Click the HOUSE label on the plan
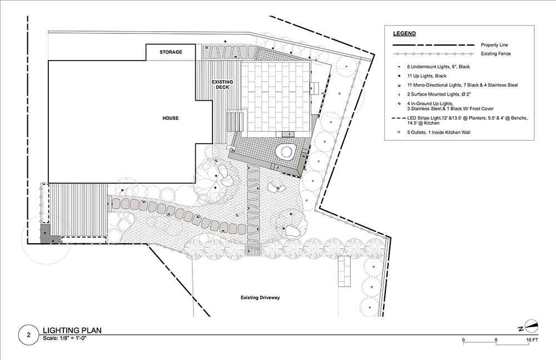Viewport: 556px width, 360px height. click(170, 119)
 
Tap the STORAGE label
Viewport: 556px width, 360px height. click(171, 52)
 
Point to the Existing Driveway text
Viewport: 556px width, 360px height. click(260, 298)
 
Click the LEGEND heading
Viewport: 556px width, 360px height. click(405, 33)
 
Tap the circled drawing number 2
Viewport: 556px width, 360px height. click(28, 334)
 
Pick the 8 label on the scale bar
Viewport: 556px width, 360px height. click(496, 339)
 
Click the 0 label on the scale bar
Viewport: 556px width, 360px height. click(463, 339)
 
